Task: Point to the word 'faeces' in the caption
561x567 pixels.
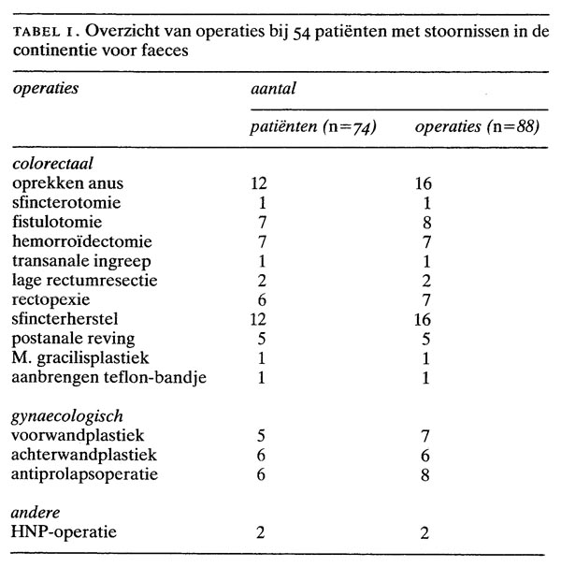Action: [162, 52]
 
